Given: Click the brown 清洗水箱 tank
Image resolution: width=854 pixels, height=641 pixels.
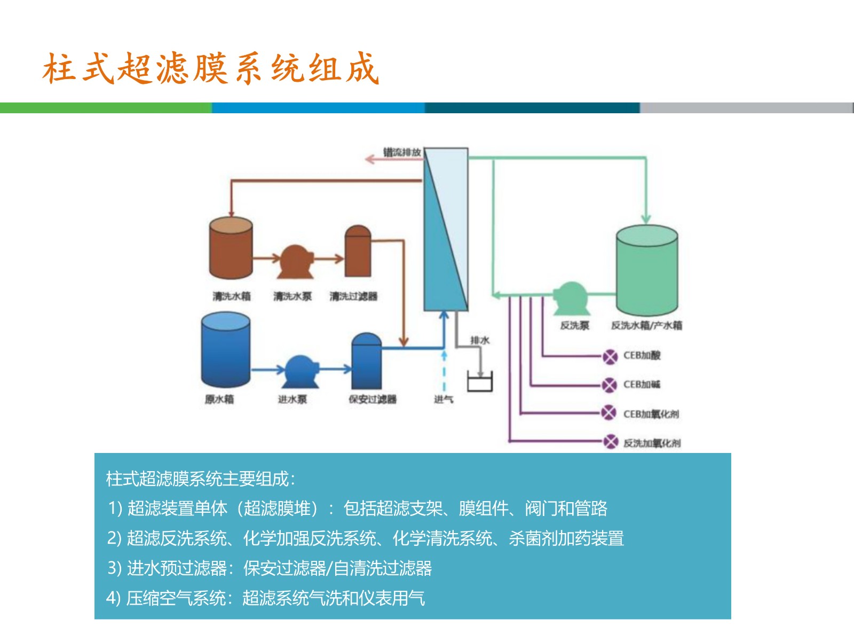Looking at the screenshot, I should (x=231, y=248).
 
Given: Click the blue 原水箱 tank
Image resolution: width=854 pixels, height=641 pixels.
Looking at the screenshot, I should (x=225, y=350).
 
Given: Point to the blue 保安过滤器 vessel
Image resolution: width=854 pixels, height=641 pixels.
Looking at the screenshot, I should (x=366, y=362).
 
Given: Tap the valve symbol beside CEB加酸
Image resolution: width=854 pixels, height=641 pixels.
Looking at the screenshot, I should (x=610, y=356).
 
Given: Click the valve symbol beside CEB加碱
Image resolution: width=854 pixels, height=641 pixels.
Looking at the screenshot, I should (x=610, y=385).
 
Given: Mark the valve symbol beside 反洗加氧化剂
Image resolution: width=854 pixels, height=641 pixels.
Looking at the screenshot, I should (x=611, y=442).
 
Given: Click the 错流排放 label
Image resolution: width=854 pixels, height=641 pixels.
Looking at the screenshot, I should (x=402, y=152).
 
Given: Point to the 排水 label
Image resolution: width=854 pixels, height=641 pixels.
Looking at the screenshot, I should (x=479, y=340).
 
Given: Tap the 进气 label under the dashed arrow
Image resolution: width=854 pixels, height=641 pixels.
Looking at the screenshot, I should (x=444, y=399).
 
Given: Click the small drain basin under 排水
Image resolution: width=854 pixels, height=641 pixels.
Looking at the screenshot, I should (x=479, y=382).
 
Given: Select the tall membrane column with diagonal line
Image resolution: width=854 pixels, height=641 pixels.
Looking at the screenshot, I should (x=446, y=230).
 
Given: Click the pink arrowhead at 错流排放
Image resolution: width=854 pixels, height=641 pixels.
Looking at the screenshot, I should (x=369, y=159).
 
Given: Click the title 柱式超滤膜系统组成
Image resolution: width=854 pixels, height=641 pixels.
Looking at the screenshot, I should (x=211, y=68).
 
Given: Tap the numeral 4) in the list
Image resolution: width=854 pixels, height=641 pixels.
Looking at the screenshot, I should (x=114, y=597).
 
